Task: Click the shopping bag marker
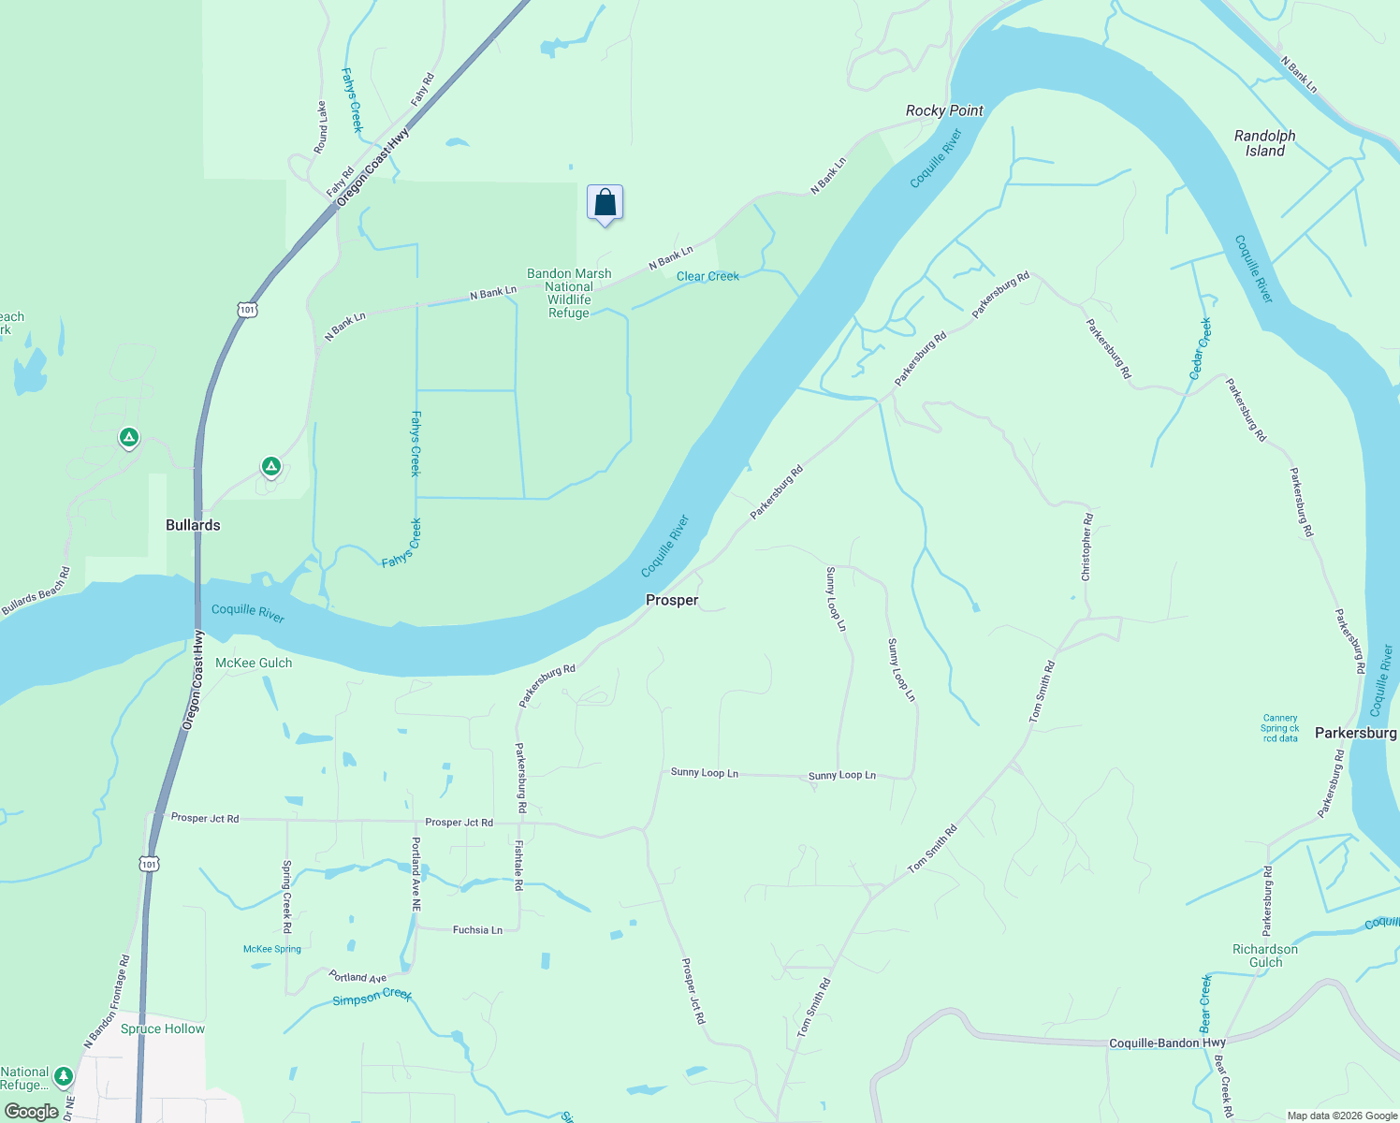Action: click(605, 203)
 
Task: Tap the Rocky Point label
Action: click(944, 110)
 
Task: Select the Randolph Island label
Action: click(1264, 143)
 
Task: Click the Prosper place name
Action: click(672, 600)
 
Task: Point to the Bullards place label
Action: click(193, 525)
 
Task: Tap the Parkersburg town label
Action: click(1355, 733)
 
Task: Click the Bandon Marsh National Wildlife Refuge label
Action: click(569, 293)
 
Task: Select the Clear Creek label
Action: click(707, 276)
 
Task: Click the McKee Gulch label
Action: click(254, 663)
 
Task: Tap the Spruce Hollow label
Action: click(163, 1028)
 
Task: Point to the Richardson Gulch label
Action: click(1265, 955)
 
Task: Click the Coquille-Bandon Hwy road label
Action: click(1167, 1043)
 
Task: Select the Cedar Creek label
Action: click(1201, 348)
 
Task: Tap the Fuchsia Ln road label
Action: click(477, 930)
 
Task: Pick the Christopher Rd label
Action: click(1086, 547)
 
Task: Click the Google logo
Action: click(32, 1112)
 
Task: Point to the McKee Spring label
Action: click(272, 949)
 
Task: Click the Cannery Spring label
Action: click(1279, 728)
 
